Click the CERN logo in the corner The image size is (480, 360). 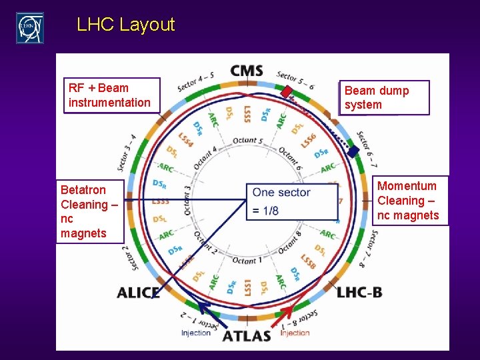[30, 28]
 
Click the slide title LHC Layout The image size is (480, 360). [125, 25]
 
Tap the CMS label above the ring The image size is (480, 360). [247, 71]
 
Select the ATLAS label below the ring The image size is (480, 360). [246, 335]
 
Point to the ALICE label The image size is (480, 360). [138, 293]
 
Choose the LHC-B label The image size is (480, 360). [359, 292]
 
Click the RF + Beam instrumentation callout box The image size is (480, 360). [111, 95]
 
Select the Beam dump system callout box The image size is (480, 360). [384, 98]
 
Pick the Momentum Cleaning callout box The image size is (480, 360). [408, 201]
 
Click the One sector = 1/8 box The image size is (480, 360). [291, 201]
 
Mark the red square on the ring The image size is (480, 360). [286, 92]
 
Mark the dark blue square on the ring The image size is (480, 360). [352, 151]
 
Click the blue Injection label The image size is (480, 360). [196, 333]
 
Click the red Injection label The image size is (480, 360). [295, 333]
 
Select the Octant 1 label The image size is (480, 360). [246, 259]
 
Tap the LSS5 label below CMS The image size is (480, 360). [247, 114]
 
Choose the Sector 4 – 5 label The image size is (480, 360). [195, 81]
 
